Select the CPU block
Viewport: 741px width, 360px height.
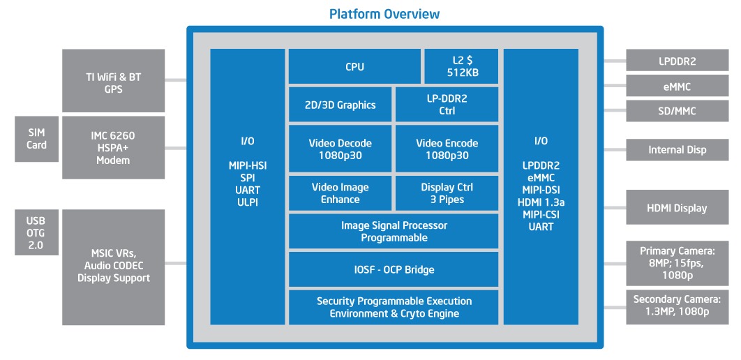pyautogui.click(x=354, y=67)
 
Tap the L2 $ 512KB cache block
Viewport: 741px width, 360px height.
pyautogui.click(x=461, y=67)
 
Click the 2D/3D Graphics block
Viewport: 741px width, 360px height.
pyautogui.click(x=341, y=105)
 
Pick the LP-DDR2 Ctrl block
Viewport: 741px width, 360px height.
pyautogui.click(x=447, y=105)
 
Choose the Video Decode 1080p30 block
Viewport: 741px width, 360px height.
pyautogui.click(x=340, y=149)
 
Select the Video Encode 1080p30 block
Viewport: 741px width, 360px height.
pyautogui.click(x=447, y=149)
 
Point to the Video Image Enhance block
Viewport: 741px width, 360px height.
pyautogui.click(x=340, y=193)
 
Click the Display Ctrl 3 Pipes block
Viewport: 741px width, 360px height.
pyautogui.click(x=447, y=193)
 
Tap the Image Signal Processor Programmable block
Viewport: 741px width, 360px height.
pyautogui.click(x=394, y=232)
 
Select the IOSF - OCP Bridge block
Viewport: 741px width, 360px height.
pyautogui.click(x=394, y=269)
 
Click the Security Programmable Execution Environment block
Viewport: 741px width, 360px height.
pyautogui.click(x=394, y=307)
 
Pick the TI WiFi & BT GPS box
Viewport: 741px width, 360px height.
pyautogui.click(x=114, y=81)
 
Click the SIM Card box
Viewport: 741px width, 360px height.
pyautogui.click(x=37, y=138)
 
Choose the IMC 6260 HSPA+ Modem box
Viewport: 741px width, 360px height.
pyautogui.click(x=114, y=149)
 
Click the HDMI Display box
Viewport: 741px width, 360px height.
pyautogui.click(x=676, y=207)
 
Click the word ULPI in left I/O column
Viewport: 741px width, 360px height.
pyautogui.click(x=248, y=202)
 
